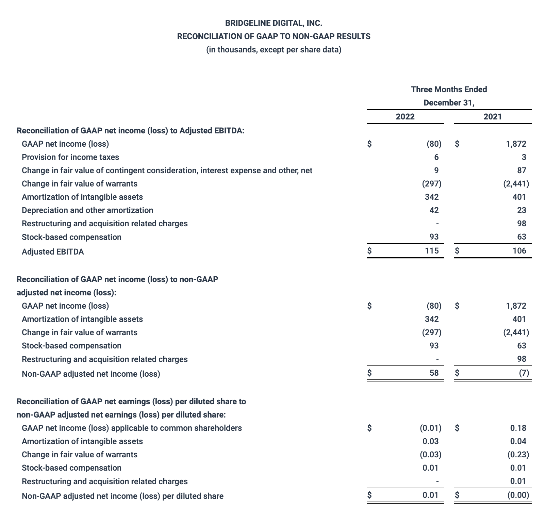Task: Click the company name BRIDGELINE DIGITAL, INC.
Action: coord(274,23)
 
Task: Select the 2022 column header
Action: coord(405,117)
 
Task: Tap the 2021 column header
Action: coord(493,117)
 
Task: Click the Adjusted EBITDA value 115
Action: coord(432,251)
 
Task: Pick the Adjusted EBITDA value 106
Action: coord(519,251)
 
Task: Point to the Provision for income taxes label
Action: coord(70,157)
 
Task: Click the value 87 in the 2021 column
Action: coord(521,170)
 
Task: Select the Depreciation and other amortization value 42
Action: coord(434,210)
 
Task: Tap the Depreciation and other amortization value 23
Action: coord(521,210)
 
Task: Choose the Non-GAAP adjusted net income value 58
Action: coord(434,373)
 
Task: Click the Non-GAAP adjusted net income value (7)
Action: coord(524,373)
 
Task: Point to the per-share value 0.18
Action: coord(518,428)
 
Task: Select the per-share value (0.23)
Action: coord(518,455)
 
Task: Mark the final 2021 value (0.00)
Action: coord(518,495)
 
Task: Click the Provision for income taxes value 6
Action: coord(436,157)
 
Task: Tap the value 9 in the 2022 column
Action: coord(436,170)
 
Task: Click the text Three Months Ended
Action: coord(449,89)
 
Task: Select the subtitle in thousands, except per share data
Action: coord(274,50)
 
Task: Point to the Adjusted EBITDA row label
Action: coord(53,252)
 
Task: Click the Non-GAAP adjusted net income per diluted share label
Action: coord(122,496)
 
